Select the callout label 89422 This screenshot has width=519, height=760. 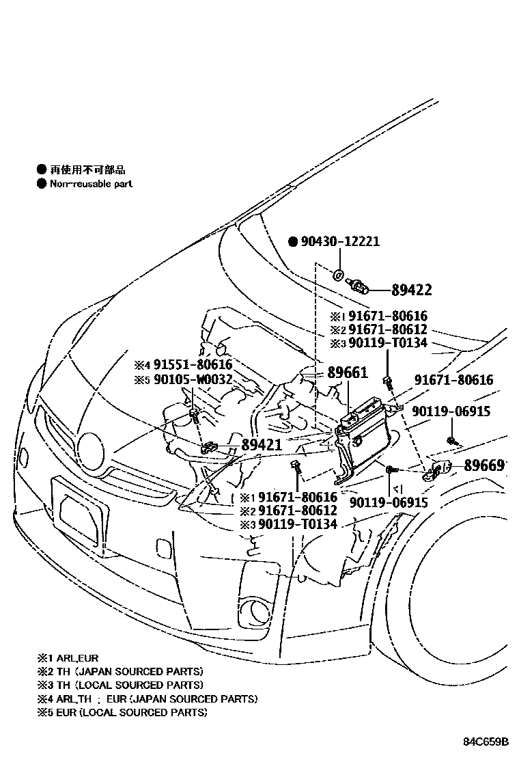(x=411, y=290)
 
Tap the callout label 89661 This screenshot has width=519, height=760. (x=347, y=373)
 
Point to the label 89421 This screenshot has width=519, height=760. (x=261, y=446)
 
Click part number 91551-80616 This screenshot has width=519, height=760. (x=192, y=365)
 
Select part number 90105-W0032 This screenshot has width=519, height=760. (x=192, y=379)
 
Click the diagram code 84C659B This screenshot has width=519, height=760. (x=487, y=742)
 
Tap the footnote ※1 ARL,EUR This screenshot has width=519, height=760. (x=68, y=658)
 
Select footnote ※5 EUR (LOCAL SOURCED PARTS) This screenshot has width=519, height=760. (x=122, y=712)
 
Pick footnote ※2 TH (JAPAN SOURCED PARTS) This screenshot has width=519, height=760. (x=120, y=672)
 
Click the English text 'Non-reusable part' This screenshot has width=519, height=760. (x=91, y=184)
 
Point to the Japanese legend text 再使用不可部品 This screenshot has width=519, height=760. (x=88, y=170)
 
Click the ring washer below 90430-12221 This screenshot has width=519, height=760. (x=339, y=275)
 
